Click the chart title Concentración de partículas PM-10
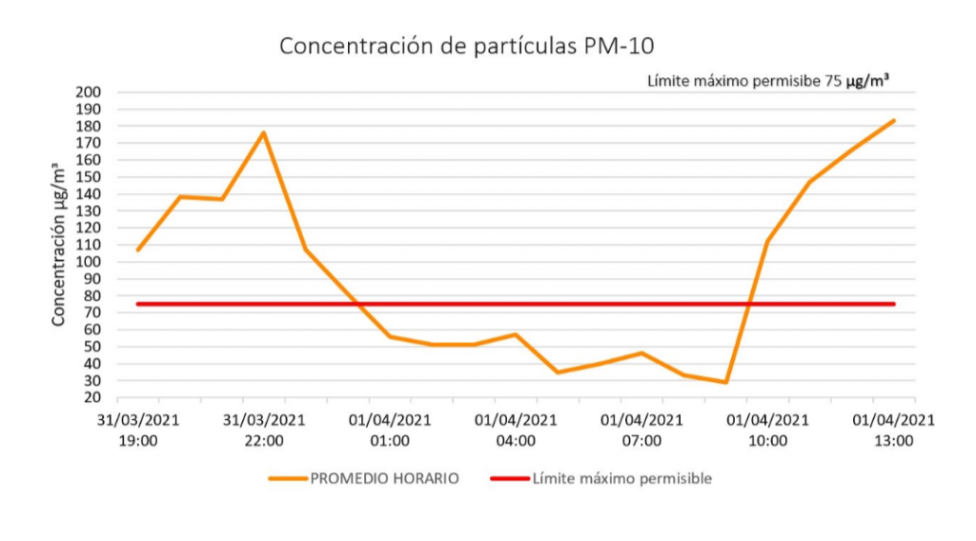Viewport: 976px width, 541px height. [x=467, y=47]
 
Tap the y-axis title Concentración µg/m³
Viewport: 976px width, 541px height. [x=59, y=245]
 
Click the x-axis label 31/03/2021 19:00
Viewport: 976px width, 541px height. [x=137, y=430]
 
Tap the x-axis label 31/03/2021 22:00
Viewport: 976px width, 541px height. [x=263, y=430]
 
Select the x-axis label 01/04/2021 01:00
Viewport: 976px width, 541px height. [x=390, y=430]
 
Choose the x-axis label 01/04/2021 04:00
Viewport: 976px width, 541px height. [x=516, y=430]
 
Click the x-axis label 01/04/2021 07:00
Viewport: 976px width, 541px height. [x=641, y=430]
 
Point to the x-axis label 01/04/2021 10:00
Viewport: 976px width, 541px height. [x=767, y=430]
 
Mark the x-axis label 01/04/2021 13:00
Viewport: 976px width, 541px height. [x=893, y=430]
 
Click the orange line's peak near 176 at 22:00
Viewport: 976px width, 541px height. [x=263, y=132]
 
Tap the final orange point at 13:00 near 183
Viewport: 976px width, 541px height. [x=894, y=121]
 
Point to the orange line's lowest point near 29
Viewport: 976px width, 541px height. [x=726, y=382]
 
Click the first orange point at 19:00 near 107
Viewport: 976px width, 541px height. [x=138, y=250]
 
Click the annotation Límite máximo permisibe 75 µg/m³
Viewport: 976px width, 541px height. [x=768, y=82]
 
